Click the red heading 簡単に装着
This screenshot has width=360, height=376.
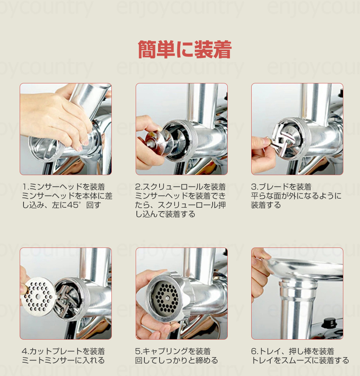point(185,49)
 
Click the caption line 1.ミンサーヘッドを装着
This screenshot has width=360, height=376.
point(64,187)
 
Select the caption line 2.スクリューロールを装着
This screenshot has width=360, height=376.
point(180,187)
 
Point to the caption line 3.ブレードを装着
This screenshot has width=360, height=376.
point(281,187)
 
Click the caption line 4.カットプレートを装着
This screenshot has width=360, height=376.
point(63,351)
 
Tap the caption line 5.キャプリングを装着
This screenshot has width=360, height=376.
point(173,351)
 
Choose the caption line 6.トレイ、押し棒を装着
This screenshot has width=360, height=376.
point(293,351)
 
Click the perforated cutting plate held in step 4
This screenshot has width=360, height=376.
point(38,296)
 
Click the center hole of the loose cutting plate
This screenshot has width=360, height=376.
point(38,297)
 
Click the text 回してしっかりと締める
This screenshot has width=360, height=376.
point(177,360)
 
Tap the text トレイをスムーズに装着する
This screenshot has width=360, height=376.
point(300,360)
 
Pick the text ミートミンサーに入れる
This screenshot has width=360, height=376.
point(63,360)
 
